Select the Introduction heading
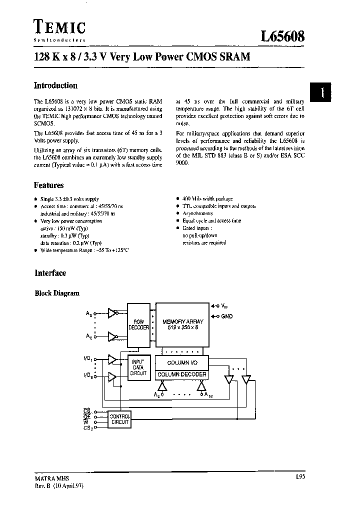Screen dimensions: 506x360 pyautogui.click(x=55, y=85)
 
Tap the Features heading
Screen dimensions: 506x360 pyautogui.click(x=49, y=185)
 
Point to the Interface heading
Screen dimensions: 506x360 pyautogui.click(x=50, y=273)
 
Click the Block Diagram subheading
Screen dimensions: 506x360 pyautogui.click(x=57, y=293)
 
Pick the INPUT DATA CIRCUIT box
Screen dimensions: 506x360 pyautogui.click(x=138, y=366)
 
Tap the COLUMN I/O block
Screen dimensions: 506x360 pyautogui.click(x=181, y=362)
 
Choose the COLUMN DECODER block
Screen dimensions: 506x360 pyautogui.click(x=181, y=374)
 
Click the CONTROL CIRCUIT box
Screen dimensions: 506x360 pyautogui.click(x=119, y=419)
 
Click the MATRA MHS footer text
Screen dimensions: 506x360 pyautogui.click(x=48, y=478)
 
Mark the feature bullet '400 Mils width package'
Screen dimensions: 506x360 pyautogui.click(x=207, y=199)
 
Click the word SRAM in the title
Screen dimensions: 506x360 pyautogui.click(x=232, y=56)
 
